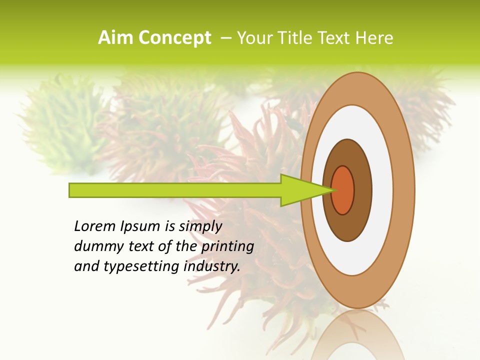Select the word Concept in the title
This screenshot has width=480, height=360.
pos(175,38)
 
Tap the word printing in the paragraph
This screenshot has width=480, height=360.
pos(227,246)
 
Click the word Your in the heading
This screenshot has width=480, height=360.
pos(252,38)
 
